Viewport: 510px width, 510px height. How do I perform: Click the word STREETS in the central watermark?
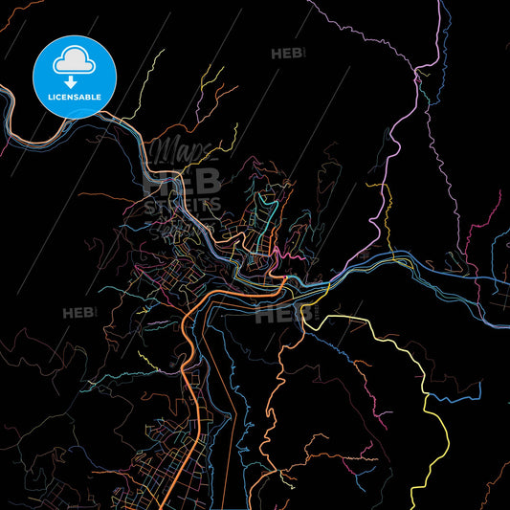click(182, 204)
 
